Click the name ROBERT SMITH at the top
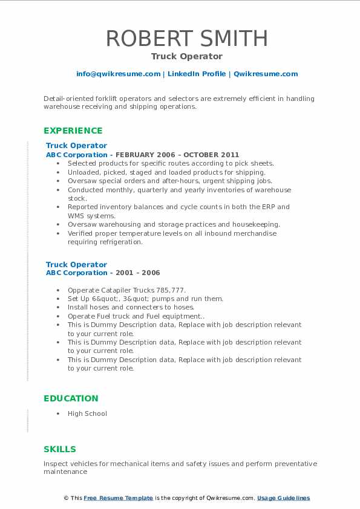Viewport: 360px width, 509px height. [187, 38]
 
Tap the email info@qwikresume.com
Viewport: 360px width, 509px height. [118, 74]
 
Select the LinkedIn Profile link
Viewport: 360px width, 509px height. [196, 74]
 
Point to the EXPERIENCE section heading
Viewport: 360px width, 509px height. [73, 131]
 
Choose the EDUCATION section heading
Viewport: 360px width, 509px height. [70, 398]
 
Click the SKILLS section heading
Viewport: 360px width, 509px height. [59, 449]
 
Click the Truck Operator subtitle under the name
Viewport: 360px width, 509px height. [187, 56]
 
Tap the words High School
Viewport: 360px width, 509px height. [87, 413]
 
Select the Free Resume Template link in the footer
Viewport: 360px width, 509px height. [119, 498]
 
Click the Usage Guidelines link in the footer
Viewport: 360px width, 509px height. [283, 498]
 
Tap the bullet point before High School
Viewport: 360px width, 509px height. [57, 413]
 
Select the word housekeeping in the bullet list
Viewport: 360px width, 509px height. [258, 224]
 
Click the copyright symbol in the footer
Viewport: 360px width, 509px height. [67, 498]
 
